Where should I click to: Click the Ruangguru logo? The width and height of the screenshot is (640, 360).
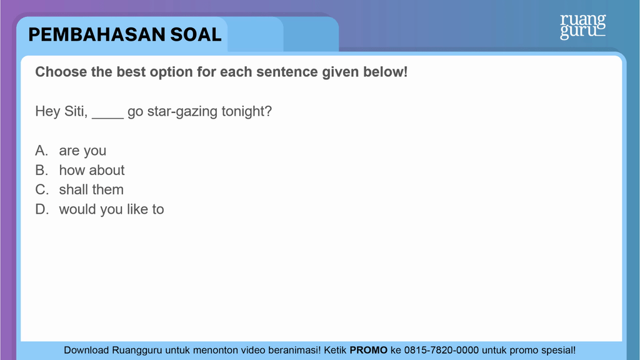tap(583, 26)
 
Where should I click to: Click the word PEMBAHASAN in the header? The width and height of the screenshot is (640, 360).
tap(97, 35)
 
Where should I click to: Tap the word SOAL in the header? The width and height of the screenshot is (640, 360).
tap(196, 35)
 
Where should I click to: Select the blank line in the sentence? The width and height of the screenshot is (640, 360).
tap(107, 117)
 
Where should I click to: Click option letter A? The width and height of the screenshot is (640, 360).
tap(42, 151)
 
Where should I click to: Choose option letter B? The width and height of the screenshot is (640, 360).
tap(42, 170)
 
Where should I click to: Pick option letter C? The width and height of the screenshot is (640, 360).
tap(42, 190)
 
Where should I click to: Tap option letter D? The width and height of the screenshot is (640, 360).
tap(42, 209)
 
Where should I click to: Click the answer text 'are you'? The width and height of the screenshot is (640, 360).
tap(82, 151)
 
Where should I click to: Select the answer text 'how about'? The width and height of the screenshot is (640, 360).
tap(92, 170)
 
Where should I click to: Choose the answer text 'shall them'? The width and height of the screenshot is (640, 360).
tap(91, 190)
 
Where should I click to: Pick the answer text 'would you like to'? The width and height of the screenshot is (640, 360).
tap(111, 209)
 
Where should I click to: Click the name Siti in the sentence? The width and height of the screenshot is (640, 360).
tap(75, 111)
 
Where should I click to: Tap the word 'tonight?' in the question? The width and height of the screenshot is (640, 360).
tap(246, 111)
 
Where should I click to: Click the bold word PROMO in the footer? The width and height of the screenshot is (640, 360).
tap(368, 350)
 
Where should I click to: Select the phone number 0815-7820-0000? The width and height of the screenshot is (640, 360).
tap(441, 350)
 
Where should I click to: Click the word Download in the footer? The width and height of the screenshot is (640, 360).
tap(86, 350)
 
